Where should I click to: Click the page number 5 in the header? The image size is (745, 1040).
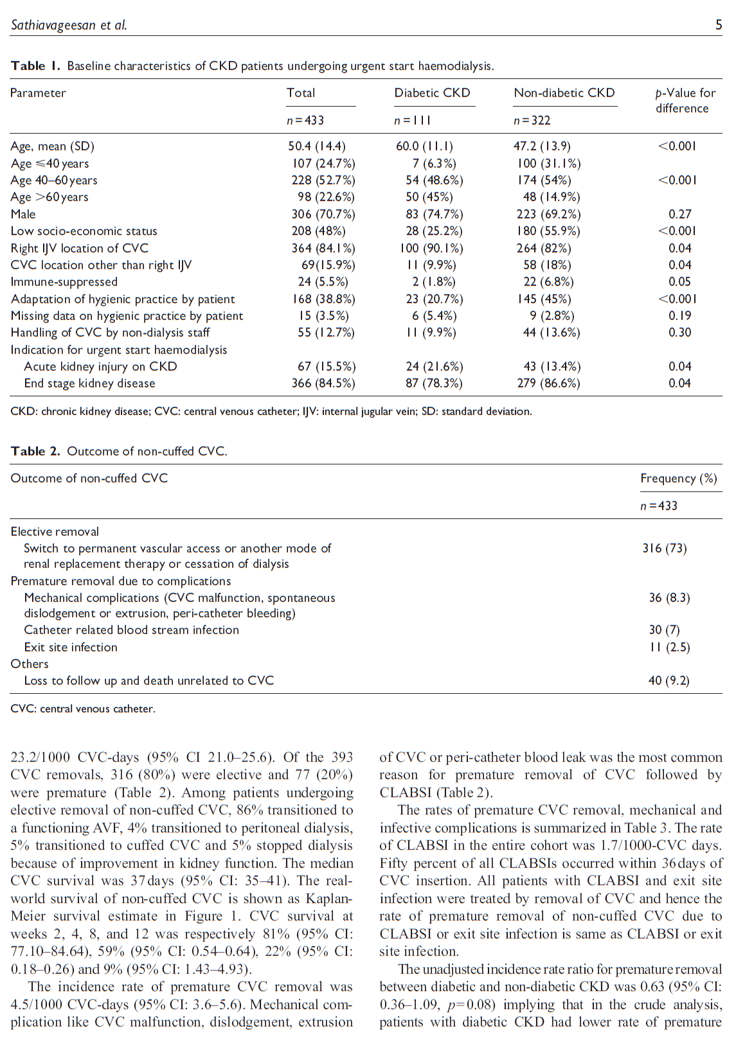719,25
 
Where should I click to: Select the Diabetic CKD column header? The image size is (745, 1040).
432,93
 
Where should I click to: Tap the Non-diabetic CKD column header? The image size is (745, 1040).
564,93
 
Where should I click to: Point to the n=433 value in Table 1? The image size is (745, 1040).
305,120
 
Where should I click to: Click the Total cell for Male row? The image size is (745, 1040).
323,214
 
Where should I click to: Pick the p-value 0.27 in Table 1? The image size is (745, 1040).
679,214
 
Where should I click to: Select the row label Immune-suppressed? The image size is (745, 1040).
64,281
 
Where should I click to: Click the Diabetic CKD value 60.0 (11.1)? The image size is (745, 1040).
424,146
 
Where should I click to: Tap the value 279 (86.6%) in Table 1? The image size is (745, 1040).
548,383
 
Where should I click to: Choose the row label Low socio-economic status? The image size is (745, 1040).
84,231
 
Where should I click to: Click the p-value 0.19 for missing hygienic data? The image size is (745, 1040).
679,315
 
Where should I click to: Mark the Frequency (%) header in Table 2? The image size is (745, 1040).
679,478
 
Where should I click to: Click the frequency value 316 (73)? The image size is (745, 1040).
665,548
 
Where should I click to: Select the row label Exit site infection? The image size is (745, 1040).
71,647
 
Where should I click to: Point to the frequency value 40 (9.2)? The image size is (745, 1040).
669,680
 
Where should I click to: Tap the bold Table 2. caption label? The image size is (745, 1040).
35,451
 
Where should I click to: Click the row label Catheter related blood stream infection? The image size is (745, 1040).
131,630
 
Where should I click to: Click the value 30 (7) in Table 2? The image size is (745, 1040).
664,630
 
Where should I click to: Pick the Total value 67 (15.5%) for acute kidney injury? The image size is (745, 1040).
326,366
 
